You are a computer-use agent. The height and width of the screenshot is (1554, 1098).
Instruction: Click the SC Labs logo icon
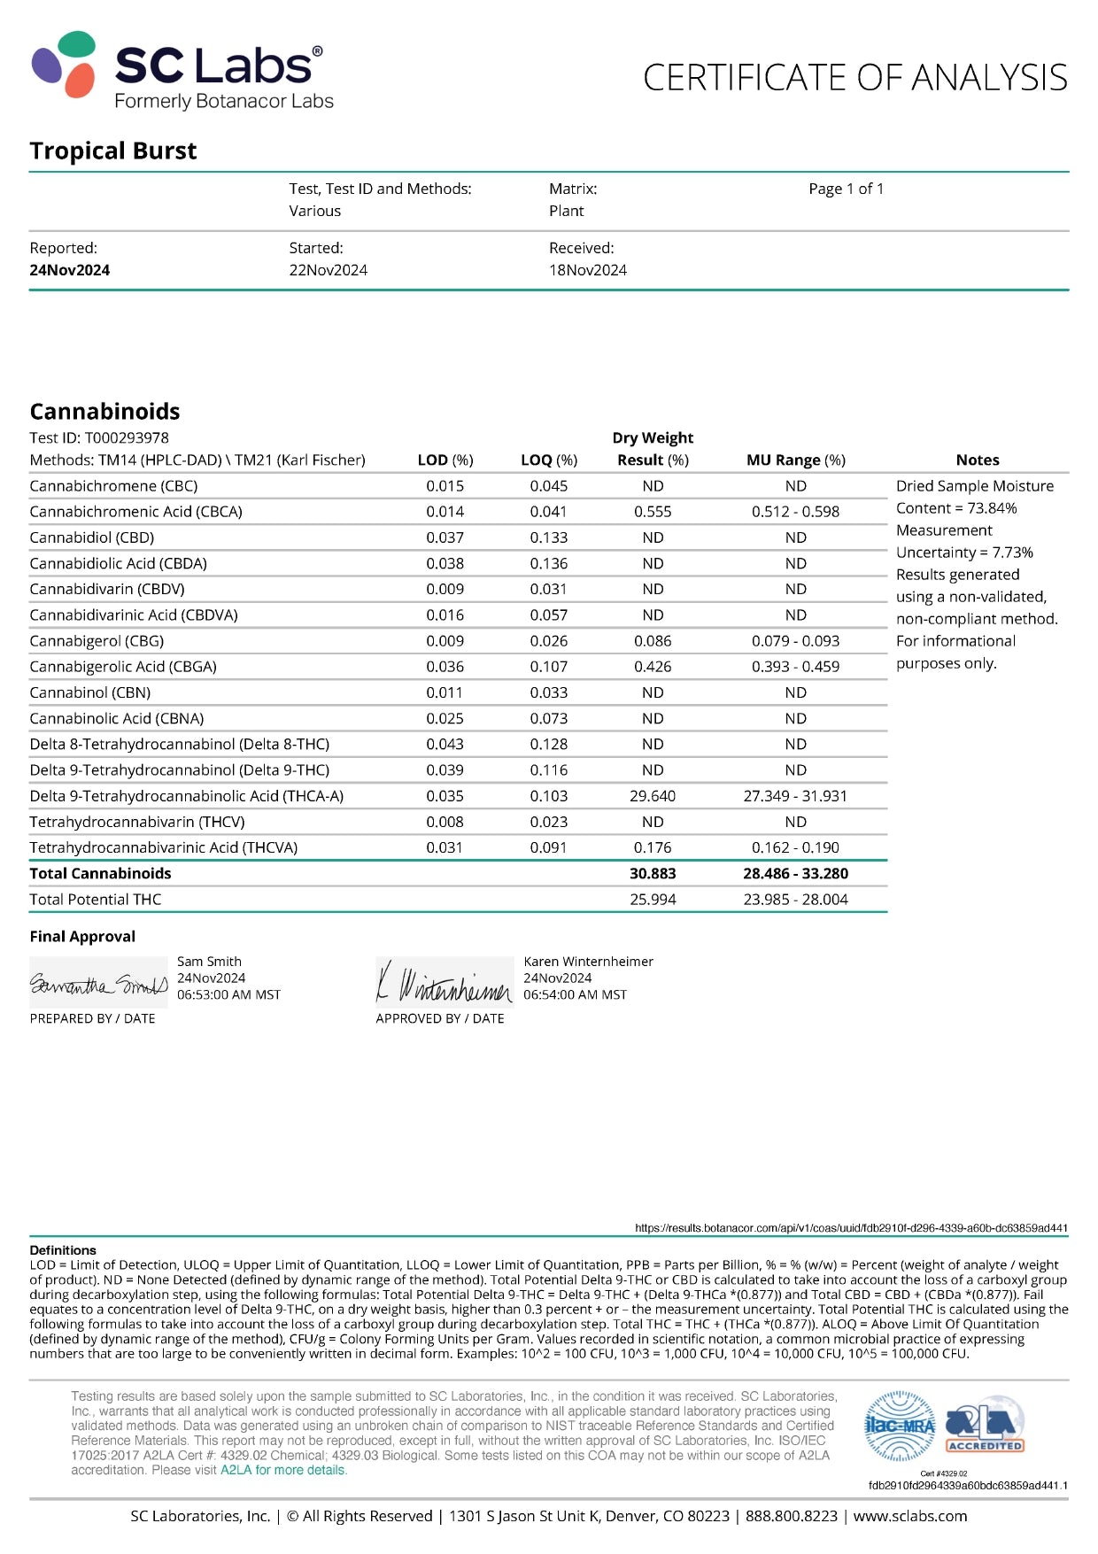[x=64, y=64]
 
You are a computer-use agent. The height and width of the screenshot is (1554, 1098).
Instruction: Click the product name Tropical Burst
[x=113, y=151]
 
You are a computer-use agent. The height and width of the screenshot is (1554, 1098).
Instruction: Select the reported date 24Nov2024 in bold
[x=70, y=270]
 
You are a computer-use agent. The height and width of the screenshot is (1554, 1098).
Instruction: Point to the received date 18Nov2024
[x=587, y=270]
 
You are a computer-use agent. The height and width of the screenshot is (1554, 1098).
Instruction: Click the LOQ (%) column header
[x=549, y=460]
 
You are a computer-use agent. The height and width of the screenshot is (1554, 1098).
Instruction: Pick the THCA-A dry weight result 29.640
[x=653, y=796]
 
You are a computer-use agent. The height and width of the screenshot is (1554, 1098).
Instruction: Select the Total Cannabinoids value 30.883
[x=653, y=873]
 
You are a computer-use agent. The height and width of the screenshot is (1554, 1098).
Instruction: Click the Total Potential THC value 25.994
[x=653, y=900]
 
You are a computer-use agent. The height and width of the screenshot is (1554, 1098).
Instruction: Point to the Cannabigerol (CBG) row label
[x=97, y=641]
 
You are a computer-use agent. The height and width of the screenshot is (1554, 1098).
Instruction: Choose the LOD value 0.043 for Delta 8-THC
[x=445, y=745]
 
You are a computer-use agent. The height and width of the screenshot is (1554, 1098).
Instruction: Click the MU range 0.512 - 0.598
[x=795, y=512]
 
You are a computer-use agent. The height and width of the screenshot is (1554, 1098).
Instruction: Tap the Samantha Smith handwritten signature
[x=98, y=984]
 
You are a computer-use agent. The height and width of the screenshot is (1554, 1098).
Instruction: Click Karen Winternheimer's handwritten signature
[x=445, y=984]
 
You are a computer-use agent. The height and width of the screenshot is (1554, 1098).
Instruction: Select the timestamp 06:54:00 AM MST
[x=575, y=995]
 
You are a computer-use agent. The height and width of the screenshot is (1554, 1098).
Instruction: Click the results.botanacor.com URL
[x=851, y=1228]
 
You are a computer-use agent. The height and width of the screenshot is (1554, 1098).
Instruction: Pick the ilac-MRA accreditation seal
[x=900, y=1426]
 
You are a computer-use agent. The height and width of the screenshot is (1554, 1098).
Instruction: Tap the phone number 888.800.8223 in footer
[x=791, y=1516]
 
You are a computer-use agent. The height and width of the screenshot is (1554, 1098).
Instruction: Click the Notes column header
[x=978, y=460]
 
